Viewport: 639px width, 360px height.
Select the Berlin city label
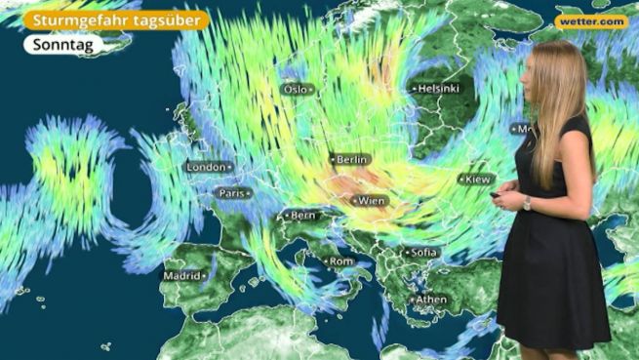350,158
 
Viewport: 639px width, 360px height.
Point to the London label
207,167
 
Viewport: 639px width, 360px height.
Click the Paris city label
233,193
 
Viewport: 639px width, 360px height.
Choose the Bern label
302,215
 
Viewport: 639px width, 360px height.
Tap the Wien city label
370,201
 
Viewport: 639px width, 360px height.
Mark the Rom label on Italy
340,261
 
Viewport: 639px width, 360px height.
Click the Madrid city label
182,276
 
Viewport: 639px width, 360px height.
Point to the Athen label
430,300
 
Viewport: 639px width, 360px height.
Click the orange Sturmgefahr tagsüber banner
117,20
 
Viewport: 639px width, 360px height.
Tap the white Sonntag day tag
63,45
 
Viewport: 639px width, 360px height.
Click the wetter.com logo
591,21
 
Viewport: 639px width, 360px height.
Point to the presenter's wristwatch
527,203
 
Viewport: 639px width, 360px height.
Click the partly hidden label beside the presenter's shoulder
521,129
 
